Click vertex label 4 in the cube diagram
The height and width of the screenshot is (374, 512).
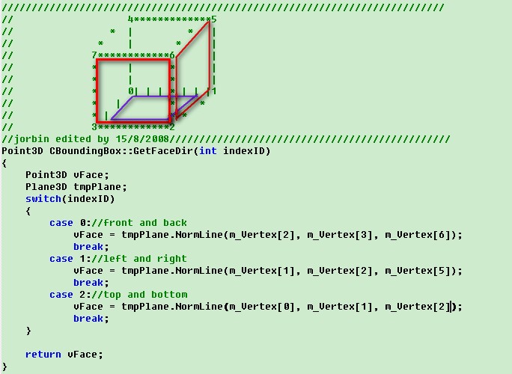coord(130,19)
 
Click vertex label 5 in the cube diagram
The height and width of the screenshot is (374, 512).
coord(213,19)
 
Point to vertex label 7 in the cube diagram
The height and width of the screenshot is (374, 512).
coord(94,55)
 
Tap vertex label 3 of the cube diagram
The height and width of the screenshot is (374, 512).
coord(94,127)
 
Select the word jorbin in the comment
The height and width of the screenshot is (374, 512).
coord(31,139)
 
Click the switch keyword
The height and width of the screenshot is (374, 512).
coord(43,199)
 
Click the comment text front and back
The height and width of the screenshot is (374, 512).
coord(148,223)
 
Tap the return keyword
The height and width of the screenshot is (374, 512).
coord(43,355)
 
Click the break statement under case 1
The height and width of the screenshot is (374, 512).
coord(88,283)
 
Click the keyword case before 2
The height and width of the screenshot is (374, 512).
coord(61,295)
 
